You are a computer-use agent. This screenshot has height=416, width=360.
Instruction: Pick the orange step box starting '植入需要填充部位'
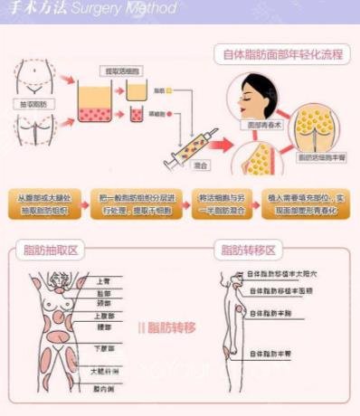pos(305,203)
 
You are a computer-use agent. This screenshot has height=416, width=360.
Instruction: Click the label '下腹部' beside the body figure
pos(106,347)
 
